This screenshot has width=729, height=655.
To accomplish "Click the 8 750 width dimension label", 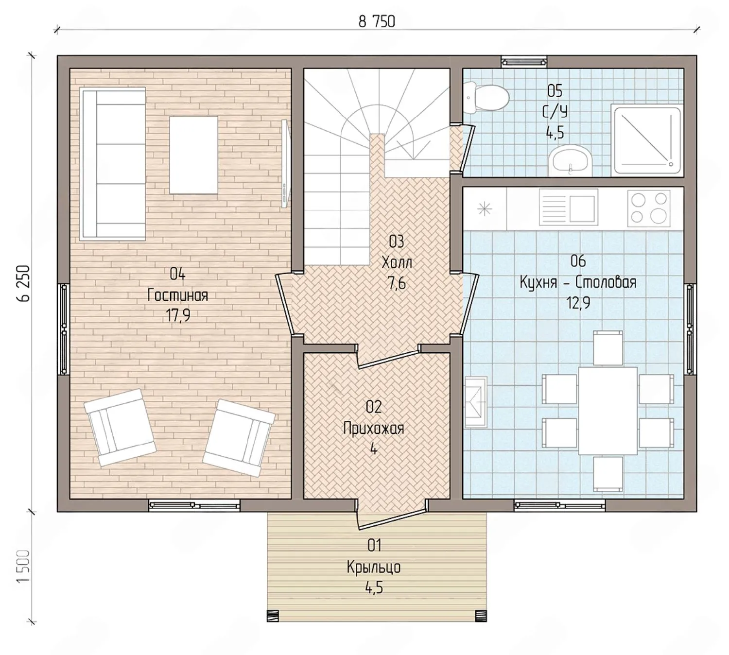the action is pos(377,22).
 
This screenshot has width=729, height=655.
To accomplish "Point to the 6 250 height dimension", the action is pos(22,283).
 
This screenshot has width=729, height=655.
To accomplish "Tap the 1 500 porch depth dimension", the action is pos(22,566).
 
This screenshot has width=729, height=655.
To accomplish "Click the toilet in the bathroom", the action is pos(487,97).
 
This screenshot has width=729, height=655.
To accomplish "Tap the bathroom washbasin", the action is pos(570,160).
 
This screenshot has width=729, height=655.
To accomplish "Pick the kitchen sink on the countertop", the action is pos(569,207).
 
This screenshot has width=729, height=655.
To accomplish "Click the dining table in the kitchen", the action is pos(607,411).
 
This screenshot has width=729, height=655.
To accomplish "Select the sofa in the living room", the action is pos(113,164).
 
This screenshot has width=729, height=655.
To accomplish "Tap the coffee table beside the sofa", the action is pos(194,155).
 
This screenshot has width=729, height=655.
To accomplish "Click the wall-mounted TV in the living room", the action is pos(286,164).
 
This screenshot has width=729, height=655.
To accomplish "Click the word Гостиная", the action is pos(178,295).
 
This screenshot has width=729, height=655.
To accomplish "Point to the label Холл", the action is pos(397,262).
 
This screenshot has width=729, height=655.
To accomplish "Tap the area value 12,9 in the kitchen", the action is pos(578,302).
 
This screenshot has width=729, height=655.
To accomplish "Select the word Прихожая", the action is pos(374,428).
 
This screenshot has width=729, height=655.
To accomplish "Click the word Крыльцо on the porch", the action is pos(374,567).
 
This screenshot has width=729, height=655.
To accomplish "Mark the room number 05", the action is pos(555,91).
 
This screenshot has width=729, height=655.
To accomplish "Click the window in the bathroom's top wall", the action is pos(524,61).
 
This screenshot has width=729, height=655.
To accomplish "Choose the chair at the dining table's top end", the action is pos(608,348).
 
